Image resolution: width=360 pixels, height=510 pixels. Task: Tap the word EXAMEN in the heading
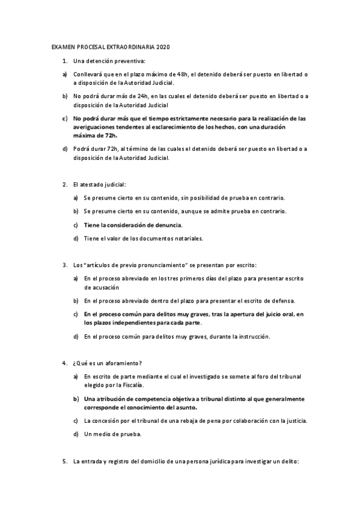pyautogui.click(x=60, y=46)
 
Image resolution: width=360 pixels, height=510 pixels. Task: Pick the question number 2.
pyautogui.click(x=64, y=183)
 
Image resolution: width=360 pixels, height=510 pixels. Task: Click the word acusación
pyautogui.click(x=100, y=287)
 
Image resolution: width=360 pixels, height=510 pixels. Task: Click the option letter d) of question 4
pyautogui.click(x=76, y=434)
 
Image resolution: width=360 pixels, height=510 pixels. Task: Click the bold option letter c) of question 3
pyautogui.click(x=76, y=314)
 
